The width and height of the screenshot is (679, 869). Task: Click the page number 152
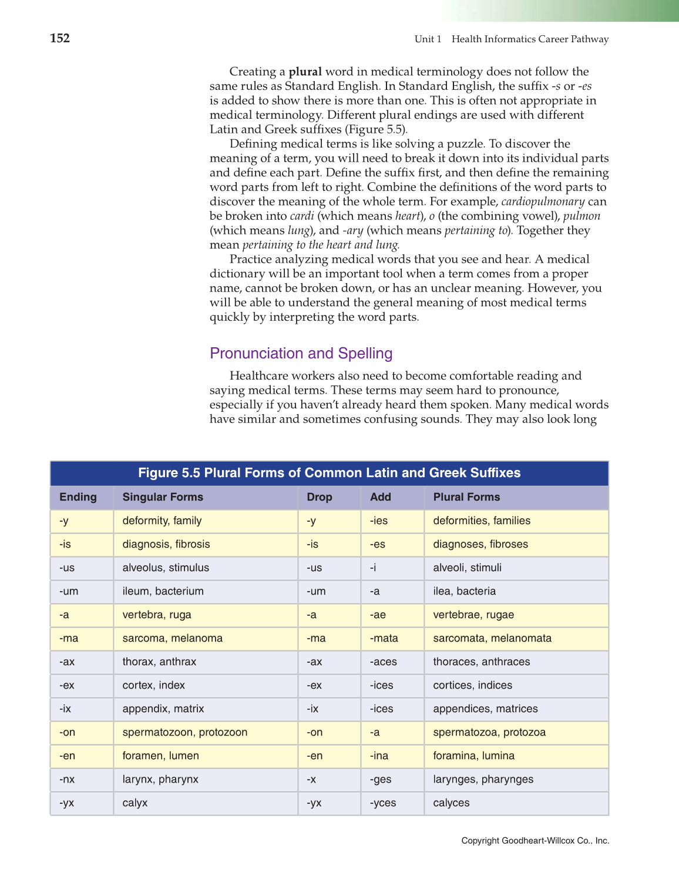60,39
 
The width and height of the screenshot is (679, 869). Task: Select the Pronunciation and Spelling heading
301,353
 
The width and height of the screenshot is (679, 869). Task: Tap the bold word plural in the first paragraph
305,72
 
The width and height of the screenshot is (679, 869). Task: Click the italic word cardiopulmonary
543,202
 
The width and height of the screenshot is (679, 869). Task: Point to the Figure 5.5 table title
329,473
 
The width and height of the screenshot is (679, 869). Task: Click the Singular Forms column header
163,497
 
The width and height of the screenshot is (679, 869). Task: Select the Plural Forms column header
466,497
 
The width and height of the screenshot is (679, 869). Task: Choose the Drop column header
319,497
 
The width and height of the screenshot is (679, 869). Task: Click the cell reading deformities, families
482,521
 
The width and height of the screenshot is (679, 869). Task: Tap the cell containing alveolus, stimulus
166,568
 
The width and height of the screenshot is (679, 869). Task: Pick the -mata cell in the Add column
384,638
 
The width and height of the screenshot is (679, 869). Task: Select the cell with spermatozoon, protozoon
184,732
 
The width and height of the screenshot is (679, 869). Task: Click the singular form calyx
135,803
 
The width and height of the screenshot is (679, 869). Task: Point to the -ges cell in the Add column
381,779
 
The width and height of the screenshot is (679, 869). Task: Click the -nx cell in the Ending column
67,779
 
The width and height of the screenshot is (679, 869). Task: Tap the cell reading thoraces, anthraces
481,662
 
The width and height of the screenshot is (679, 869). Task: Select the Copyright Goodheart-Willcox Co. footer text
535,841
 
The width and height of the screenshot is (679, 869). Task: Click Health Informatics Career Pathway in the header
530,39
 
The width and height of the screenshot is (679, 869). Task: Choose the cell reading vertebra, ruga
157,615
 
